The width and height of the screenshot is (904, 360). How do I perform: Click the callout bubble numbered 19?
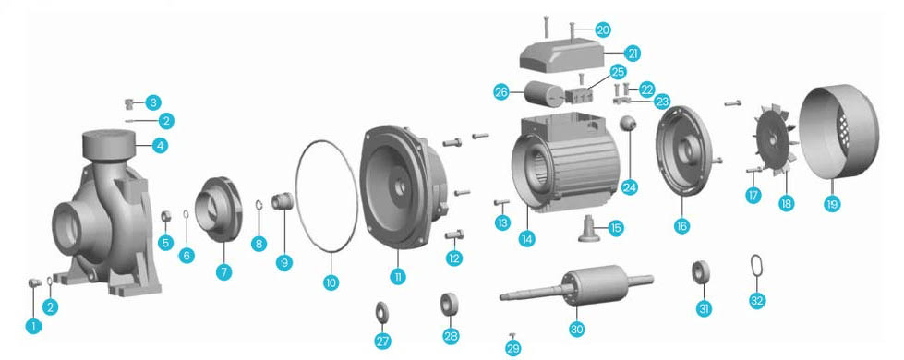click(832, 204)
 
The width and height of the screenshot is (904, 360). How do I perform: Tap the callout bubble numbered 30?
click(576, 329)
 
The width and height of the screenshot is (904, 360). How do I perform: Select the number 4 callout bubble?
click(161, 146)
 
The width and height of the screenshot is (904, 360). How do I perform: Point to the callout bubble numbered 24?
click(630, 187)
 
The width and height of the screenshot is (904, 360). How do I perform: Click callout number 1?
click(33, 327)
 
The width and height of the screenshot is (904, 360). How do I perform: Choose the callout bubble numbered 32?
click(757, 301)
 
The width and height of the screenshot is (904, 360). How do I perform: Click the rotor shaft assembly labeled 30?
click(576, 286)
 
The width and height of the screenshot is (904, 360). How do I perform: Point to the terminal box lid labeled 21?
click(562, 56)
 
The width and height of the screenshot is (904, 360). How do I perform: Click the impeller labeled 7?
click(221, 210)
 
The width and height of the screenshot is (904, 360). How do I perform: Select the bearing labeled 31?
click(701, 272)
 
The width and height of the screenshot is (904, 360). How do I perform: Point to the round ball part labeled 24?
click(628, 123)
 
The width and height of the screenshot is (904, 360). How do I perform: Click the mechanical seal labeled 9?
click(283, 201)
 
